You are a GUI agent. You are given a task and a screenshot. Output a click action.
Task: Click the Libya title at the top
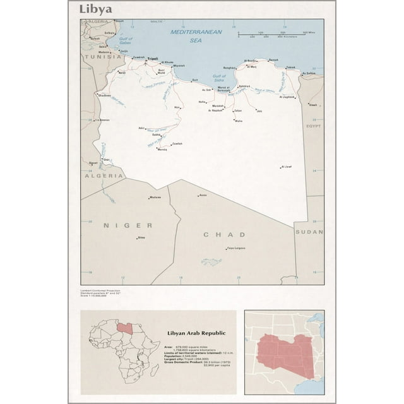coord(96,9)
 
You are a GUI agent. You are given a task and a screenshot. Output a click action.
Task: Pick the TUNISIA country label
coord(105,56)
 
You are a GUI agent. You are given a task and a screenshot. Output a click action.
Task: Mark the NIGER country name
coord(128,225)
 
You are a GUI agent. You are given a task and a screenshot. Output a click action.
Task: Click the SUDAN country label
coord(309,232)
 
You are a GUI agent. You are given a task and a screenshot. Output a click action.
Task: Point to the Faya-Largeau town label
coord(235,248)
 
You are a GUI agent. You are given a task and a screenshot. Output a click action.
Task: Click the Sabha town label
coord(157,134)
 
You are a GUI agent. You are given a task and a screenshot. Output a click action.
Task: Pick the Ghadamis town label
coord(105,95)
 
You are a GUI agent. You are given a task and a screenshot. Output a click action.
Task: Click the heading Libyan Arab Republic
coord(196,333)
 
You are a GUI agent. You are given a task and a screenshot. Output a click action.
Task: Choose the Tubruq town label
coord(290,67)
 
